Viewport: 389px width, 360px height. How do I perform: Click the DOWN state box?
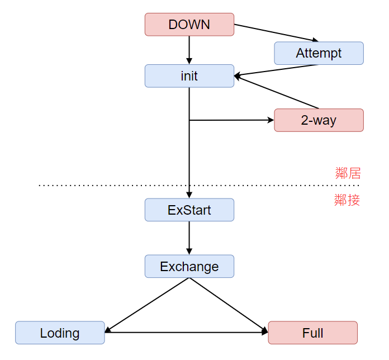click(189, 25)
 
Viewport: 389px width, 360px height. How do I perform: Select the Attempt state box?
click(319, 53)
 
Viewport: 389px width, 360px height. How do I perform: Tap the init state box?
click(189, 76)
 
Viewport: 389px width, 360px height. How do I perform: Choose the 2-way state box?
click(319, 120)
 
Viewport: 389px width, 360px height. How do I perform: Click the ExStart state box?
click(189, 210)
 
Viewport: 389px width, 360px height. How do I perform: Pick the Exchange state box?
click(189, 266)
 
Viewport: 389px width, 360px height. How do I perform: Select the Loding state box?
click(60, 333)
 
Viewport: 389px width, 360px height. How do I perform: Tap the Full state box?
click(313, 333)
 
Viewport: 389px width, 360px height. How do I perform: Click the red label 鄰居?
click(348, 173)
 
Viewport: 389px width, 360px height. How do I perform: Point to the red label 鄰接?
click(347, 200)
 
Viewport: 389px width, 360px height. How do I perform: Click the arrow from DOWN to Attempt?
click(276, 33)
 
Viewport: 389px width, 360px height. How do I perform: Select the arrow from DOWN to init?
click(189, 50)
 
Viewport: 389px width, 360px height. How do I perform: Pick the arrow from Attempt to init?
click(276, 70)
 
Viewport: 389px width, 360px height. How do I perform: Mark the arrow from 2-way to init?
click(276, 92)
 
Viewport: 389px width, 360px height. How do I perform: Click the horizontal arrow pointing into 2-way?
click(232, 120)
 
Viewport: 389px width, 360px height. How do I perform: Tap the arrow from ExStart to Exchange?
click(189, 238)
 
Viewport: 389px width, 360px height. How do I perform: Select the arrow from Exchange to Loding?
click(147, 305)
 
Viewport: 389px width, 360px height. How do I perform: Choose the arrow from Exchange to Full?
click(229, 305)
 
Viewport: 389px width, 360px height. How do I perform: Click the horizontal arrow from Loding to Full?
click(186, 333)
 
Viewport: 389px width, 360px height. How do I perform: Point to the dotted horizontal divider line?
click(199, 186)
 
